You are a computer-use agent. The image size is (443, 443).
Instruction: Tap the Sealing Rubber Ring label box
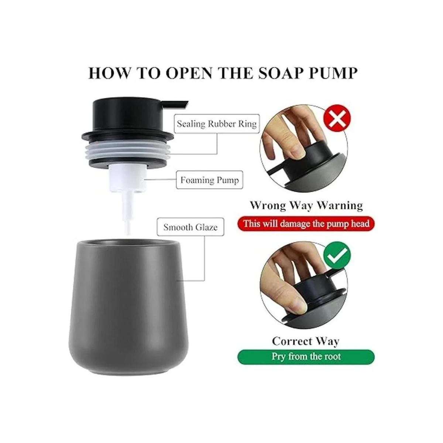pos(217,124)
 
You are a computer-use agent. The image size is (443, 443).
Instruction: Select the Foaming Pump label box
pos(209,180)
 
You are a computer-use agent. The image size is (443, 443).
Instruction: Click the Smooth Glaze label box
pos(190,227)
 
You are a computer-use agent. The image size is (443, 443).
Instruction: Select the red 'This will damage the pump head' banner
pos(306,224)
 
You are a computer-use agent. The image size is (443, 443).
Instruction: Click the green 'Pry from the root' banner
pos(306,357)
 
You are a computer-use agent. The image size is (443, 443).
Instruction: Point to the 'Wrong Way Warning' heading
pos(306,205)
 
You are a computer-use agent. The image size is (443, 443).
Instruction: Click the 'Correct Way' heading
pos(306,341)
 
